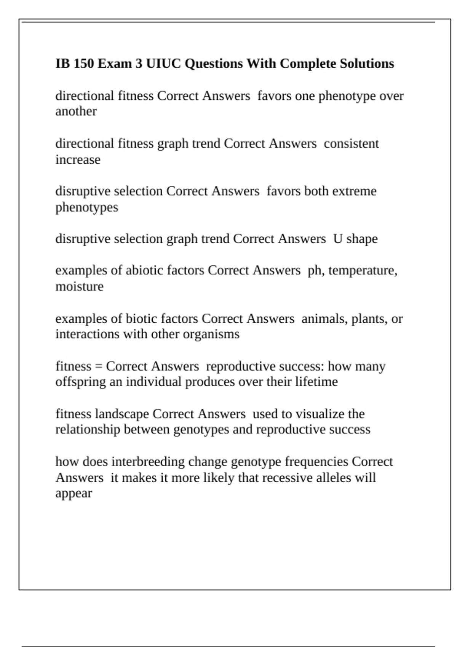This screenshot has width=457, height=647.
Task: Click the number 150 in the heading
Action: (x=83, y=64)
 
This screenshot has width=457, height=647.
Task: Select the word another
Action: (x=76, y=112)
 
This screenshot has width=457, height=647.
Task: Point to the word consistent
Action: (x=351, y=144)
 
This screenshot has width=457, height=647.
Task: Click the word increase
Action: (x=78, y=159)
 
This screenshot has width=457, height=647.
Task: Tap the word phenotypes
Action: (x=86, y=208)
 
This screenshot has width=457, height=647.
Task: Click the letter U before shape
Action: (x=337, y=239)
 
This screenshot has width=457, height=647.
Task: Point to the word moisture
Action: (x=79, y=286)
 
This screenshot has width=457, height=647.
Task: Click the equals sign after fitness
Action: (x=99, y=367)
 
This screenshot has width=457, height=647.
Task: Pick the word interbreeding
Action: (x=148, y=462)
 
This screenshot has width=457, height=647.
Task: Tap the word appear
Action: (x=74, y=494)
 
